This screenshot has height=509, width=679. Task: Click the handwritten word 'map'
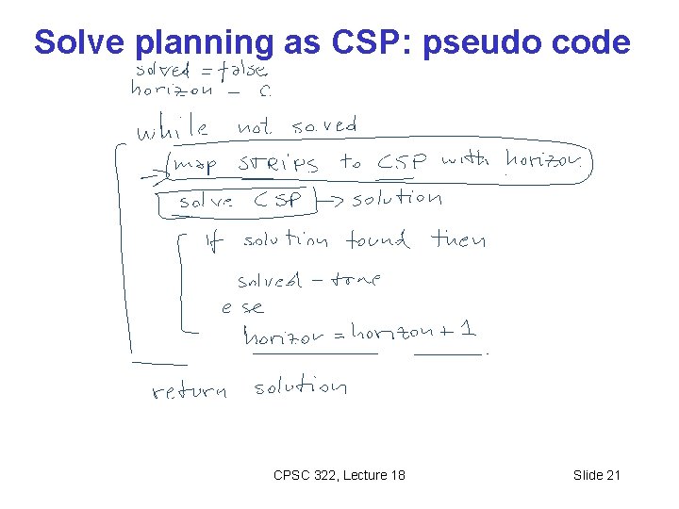195,166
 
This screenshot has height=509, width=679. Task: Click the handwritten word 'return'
189,390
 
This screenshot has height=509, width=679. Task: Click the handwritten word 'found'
377,240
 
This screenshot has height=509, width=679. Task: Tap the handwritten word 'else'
242,307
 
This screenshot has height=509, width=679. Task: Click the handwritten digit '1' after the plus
469,330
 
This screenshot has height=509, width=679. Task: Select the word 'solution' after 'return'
300,386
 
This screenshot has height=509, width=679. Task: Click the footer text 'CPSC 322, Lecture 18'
339,475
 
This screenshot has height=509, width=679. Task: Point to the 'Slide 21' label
597,475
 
